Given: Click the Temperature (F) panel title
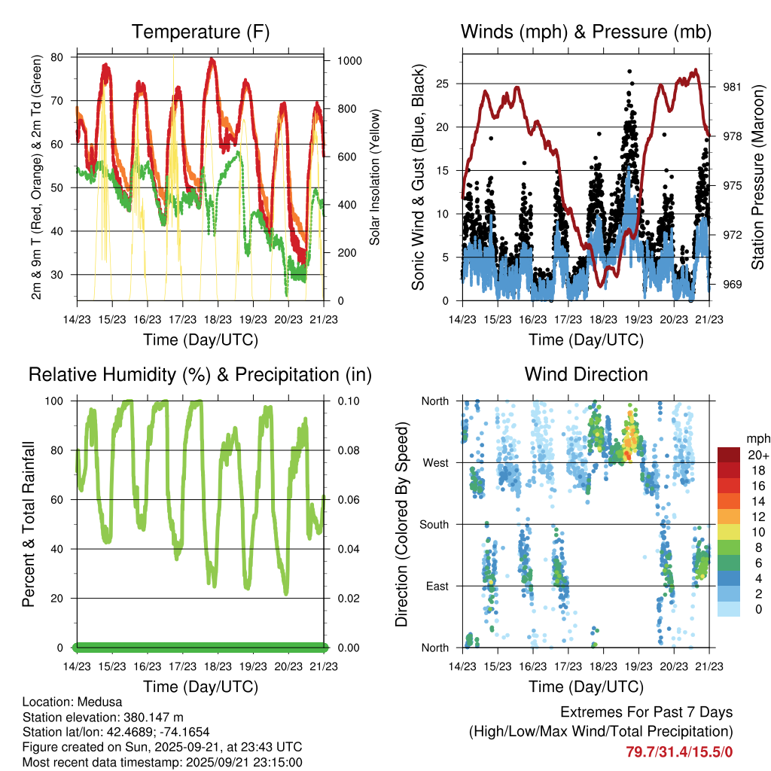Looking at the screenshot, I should (200, 32).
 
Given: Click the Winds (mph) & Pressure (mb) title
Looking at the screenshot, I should (586, 32).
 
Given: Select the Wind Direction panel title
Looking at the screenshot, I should (586, 374).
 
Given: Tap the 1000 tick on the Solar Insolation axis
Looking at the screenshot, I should (349, 61).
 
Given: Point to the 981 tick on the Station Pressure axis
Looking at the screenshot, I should (733, 87).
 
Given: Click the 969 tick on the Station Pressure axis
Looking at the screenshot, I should (733, 285).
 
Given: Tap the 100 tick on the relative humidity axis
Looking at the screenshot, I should (61, 401).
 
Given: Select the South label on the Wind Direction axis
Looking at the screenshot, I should (434, 524).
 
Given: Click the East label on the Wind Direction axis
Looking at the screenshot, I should (437, 586).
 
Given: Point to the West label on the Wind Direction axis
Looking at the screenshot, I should (435, 462).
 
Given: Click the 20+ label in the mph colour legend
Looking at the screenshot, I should (757, 455).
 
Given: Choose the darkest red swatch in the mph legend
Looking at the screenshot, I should (729, 455).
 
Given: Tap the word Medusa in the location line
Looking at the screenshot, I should (96, 702).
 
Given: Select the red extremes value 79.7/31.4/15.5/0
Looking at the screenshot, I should (679, 751).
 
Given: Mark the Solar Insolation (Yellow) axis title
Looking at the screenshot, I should (374, 177).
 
